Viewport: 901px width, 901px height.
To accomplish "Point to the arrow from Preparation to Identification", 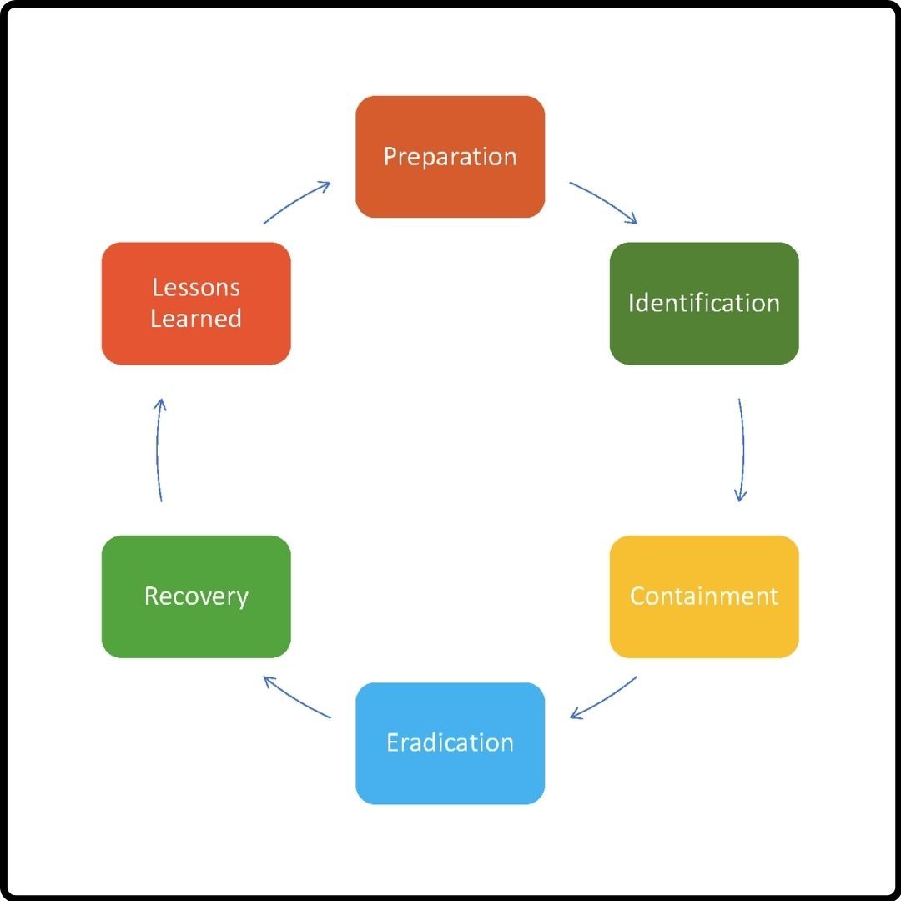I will pos(604,201).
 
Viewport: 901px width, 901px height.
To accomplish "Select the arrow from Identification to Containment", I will pos(742,450).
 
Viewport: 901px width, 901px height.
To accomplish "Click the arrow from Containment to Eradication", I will pos(604,698).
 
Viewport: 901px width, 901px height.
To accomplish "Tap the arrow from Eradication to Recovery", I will pos(297,698).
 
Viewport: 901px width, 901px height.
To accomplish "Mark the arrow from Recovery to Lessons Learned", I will pos(159,450).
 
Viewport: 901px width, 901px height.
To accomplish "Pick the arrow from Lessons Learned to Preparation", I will pos(297,201).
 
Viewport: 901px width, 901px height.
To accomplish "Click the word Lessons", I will pos(196,288).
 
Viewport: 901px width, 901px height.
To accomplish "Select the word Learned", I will pos(196,319).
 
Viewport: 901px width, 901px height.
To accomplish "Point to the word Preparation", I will pos(450,157).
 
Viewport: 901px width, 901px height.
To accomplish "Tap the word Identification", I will pos(704,303).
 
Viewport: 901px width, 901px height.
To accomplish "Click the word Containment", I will pos(704,596).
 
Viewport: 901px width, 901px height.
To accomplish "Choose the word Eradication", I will pos(450,742).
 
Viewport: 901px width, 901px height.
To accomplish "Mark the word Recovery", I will pos(196,596).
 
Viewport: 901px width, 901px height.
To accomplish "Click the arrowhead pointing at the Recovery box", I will pos(269,681).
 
